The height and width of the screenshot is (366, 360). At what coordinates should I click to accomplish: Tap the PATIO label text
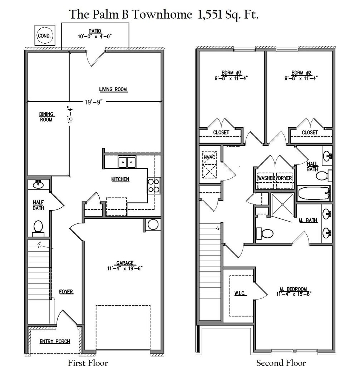pos(95,31)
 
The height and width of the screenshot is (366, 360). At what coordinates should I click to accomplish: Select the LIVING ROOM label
pos(113,89)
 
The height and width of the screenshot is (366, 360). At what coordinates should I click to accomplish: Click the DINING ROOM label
pos(46,117)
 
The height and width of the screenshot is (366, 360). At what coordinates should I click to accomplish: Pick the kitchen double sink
pos(127,162)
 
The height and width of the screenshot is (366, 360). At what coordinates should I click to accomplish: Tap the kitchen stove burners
pos(153,185)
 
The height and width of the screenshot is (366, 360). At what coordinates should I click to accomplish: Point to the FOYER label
pos(66,292)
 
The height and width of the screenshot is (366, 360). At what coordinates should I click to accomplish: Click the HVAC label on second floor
pos(209,157)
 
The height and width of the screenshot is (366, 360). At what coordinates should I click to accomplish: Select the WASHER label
pos(266,178)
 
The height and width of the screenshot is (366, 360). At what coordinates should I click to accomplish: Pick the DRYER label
pos(285,178)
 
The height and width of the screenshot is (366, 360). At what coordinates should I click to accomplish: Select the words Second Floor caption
pos(281,362)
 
